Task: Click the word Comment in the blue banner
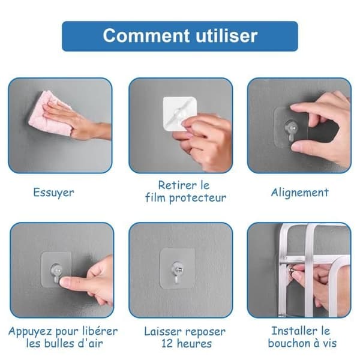click(x=146, y=35)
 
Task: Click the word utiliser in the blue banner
click(x=227, y=35)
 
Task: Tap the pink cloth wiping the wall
click(x=49, y=113)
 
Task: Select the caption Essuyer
click(x=53, y=193)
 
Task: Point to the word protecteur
click(x=197, y=198)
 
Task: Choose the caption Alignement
click(x=299, y=193)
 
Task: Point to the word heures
click(x=194, y=344)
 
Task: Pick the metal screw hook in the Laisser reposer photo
click(x=177, y=272)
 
